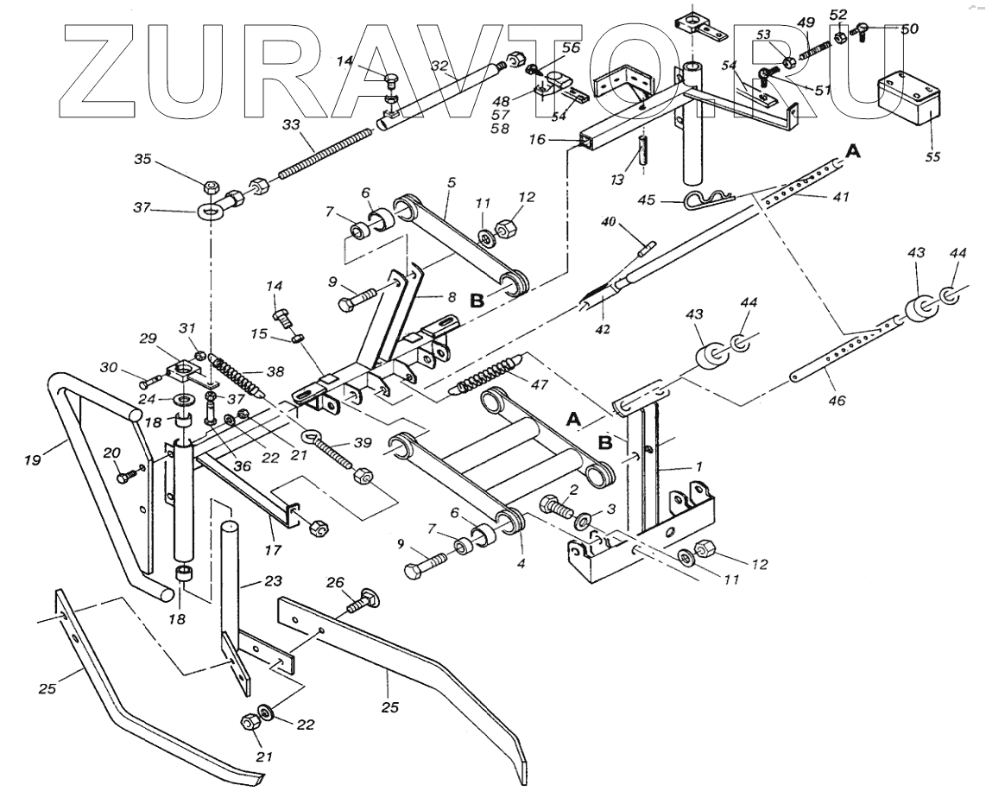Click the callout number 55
click(932, 157)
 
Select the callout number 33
click(290, 125)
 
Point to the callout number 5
click(450, 184)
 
